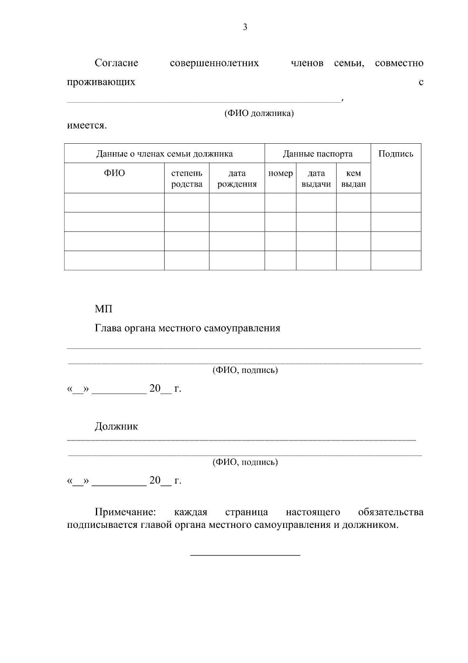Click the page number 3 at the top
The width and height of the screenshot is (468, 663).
(x=245, y=27)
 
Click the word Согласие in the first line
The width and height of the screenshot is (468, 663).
(x=116, y=63)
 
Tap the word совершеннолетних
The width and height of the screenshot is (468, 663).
(x=214, y=63)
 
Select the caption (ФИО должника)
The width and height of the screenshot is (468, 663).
(x=259, y=114)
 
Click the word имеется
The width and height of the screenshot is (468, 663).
(x=87, y=126)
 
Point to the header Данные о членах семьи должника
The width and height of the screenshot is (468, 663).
(x=164, y=154)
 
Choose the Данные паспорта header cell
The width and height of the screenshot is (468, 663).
(x=317, y=154)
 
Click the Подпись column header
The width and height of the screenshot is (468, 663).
(x=395, y=154)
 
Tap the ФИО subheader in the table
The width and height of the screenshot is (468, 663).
(x=114, y=173)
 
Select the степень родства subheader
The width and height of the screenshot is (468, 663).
(x=187, y=178)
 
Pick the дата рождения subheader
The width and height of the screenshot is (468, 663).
(x=237, y=178)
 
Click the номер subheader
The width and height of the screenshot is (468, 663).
(x=280, y=173)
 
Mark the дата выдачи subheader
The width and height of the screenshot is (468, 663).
(x=316, y=178)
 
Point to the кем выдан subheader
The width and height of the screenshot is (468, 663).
(x=353, y=178)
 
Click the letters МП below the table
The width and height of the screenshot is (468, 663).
(x=103, y=309)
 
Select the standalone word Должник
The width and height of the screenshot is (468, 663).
(x=116, y=426)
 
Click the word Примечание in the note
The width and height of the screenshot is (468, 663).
(x=125, y=512)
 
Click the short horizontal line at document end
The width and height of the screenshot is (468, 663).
(x=245, y=555)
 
